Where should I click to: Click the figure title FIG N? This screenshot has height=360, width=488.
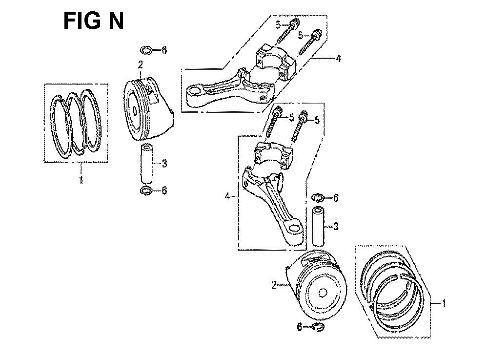(x=93, y=21)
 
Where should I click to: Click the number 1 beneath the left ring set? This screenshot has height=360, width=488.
(x=81, y=180)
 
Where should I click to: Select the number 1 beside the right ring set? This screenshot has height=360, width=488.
(x=444, y=303)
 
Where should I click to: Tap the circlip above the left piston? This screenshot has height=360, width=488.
(x=146, y=50)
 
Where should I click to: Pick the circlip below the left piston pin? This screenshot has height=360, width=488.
(x=146, y=191)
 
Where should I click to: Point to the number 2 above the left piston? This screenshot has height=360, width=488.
(x=141, y=65)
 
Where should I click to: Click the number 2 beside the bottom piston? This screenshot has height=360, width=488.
(x=274, y=285)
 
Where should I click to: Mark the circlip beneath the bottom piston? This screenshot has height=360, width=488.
(x=318, y=327)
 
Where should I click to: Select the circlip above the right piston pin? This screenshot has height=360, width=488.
(x=318, y=197)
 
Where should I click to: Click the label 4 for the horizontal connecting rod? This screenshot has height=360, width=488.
(x=338, y=58)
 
